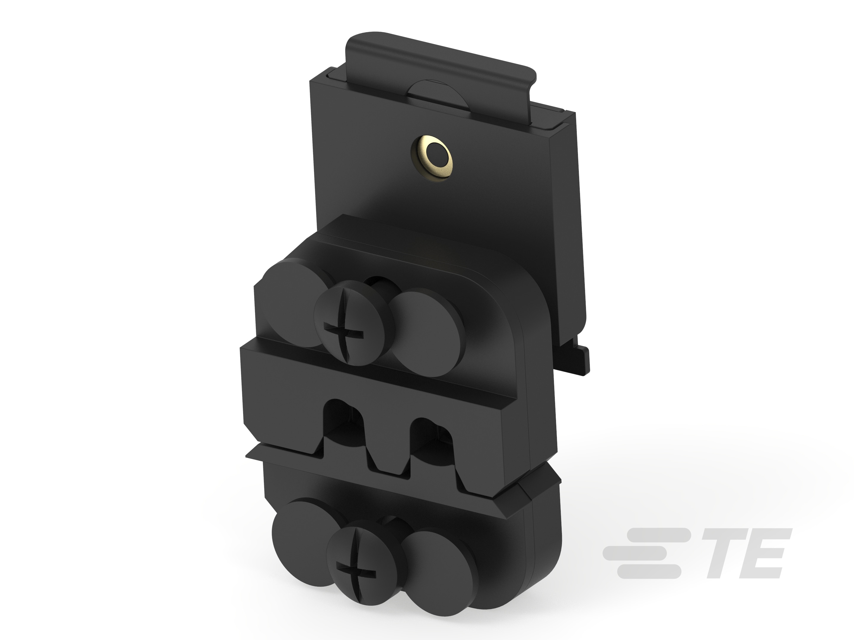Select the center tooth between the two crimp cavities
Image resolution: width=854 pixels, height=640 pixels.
(x=388, y=457)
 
